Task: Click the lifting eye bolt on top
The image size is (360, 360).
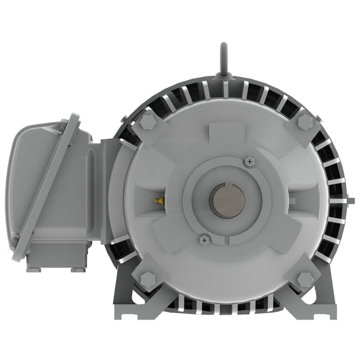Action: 223,60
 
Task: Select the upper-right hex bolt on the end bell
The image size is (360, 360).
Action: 304,122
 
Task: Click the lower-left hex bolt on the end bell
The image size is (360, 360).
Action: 147,279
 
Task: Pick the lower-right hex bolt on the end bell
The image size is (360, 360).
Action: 304,279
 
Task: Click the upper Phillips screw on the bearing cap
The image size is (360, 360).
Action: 249,161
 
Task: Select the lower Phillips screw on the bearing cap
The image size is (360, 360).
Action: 204,238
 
